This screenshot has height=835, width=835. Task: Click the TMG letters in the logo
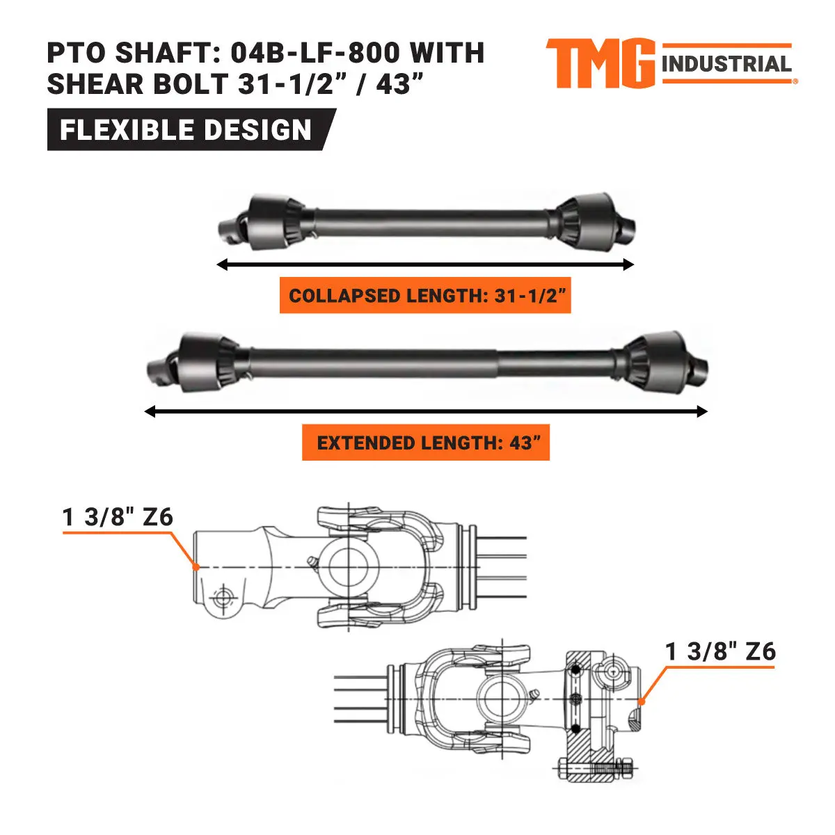(x=600, y=63)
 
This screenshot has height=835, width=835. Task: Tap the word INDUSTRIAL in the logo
(x=726, y=65)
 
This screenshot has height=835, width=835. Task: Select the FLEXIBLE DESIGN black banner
(x=186, y=130)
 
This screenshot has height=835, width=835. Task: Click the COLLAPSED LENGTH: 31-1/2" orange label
(x=425, y=296)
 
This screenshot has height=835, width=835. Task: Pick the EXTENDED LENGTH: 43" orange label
(x=426, y=443)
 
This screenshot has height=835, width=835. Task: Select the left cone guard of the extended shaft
(x=206, y=360)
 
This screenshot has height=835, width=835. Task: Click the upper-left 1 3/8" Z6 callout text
(x=118, y=517)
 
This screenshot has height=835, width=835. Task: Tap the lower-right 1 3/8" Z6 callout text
(x=720, y=651)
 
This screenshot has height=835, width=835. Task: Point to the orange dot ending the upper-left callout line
(x=197, y=567)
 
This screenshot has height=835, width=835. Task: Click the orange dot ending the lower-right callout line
(x=642, y=702)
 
